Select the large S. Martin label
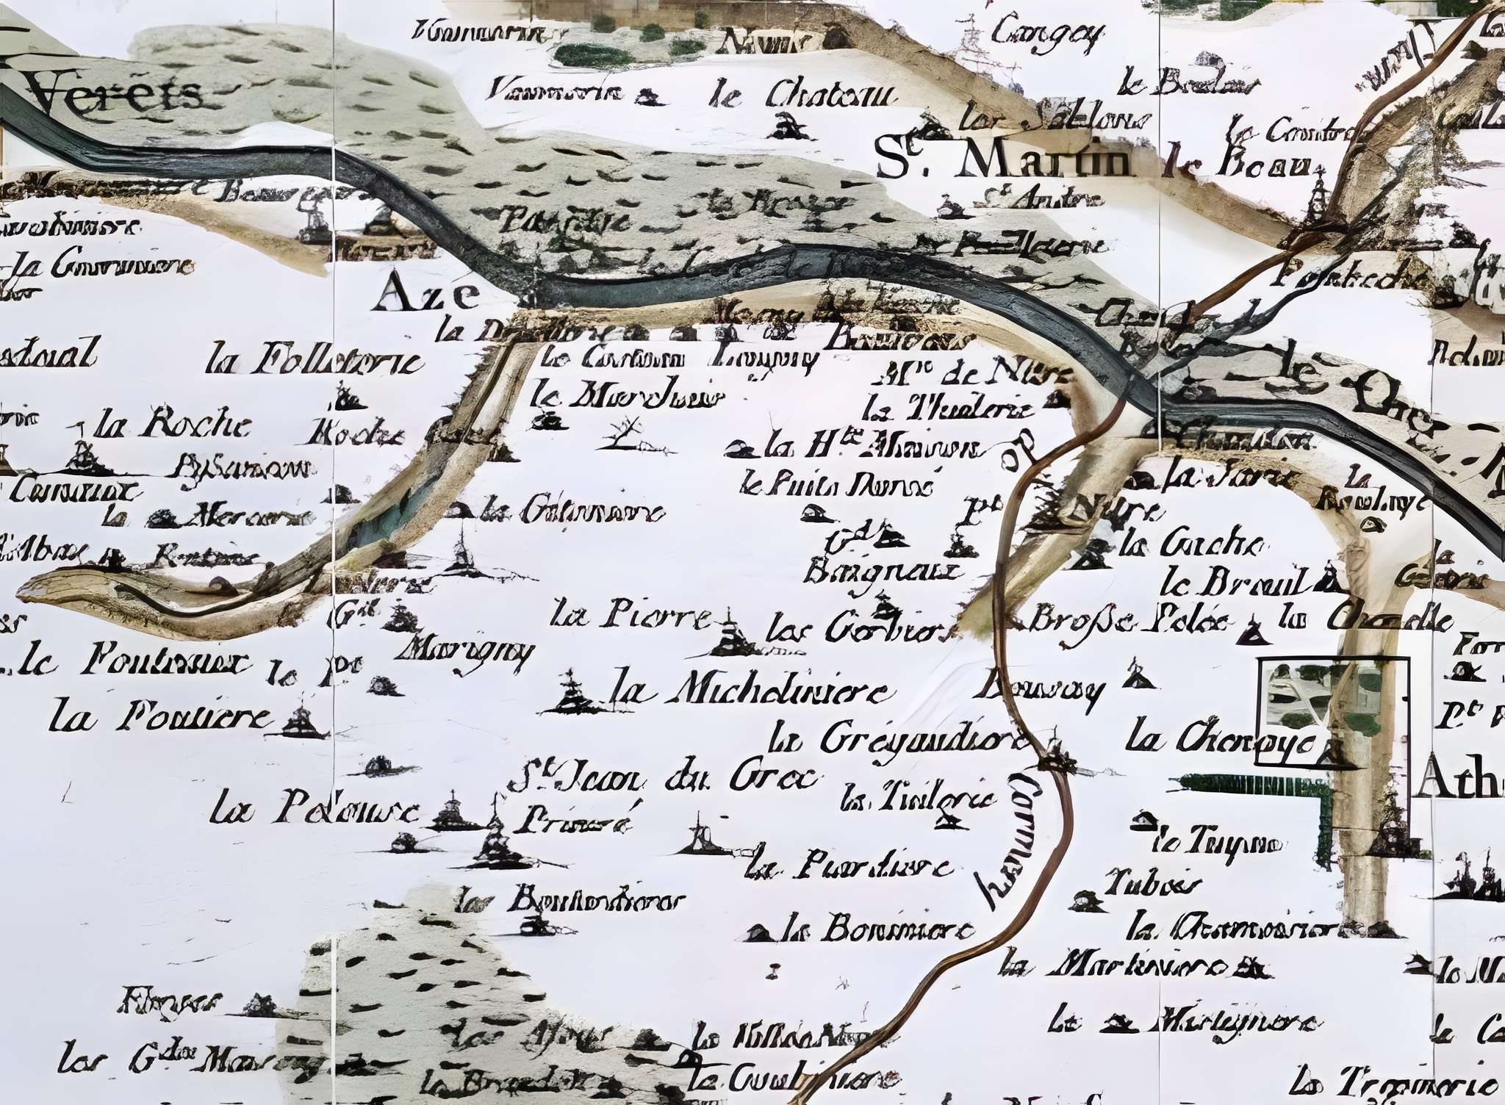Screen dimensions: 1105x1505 point(1003,162)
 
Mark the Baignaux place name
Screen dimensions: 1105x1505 point(882,571)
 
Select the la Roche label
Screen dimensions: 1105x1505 point(173,425)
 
